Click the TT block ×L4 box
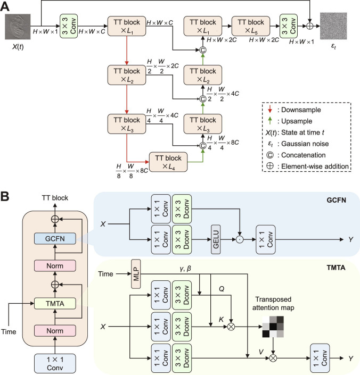point(168,162)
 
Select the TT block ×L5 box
point(251,26)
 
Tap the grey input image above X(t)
point(18,27)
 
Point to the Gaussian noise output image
point(333,26)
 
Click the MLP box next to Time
point(136,274)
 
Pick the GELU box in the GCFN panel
point(216,239)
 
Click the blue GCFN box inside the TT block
point(55,238)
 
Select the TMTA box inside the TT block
point(55,304)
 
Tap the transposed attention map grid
point(273,327)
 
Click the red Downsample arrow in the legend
point(270,110)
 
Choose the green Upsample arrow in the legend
point(270,121)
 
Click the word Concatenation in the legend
point(303,155)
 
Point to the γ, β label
point(185,269)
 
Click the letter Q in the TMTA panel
point(222,289)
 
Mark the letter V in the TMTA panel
point(261,352)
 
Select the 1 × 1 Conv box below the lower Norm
point(55,363)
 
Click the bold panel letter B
point(5,197)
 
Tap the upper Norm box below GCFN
point(55,266)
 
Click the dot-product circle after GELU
point(240,239)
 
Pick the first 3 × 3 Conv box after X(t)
point(69,26)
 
